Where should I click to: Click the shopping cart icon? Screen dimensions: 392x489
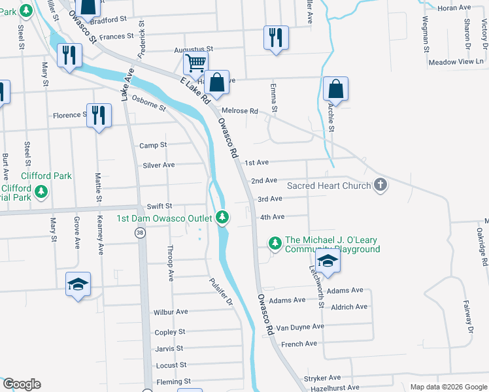coord(195,64)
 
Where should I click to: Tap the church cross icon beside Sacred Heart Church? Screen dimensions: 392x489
coord(380,186)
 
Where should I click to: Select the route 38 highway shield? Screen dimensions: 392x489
coord(140,233)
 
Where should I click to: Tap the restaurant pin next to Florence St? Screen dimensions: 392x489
coord(99,115)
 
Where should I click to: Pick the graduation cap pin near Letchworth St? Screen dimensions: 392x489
coord(329,261)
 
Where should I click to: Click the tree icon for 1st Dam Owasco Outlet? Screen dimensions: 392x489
coord(223,217)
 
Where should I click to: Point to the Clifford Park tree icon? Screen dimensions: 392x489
coord(42,191)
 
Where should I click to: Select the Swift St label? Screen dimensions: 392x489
coord(159,206)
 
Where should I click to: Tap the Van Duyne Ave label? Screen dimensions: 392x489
coord(300,327)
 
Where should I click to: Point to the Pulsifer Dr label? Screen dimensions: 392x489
coord(221,292)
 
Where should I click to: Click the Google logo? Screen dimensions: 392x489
coord(21,384)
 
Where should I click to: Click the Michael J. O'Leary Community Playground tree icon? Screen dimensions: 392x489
coord(275,244)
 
